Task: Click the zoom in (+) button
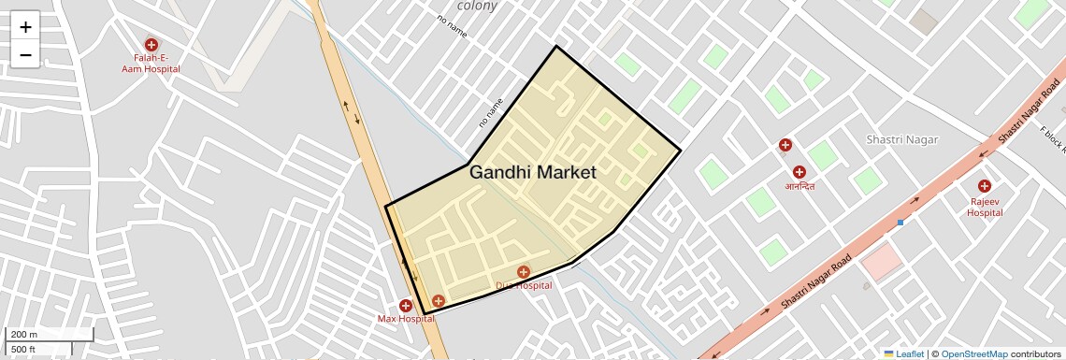[x=25, y=27]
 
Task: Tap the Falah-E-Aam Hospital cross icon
[x=151, y=45]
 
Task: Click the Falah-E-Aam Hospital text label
[x=151, y=64]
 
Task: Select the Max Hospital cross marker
[x=406, y=306]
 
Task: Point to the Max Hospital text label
[x=406, y=319]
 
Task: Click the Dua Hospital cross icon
[x=524, y=272]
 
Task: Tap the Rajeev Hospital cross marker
[x=985, y=186]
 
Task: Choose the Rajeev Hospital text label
[x=985, y=207]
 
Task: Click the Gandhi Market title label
[x=533, y=173]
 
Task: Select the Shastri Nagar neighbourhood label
[x=902, y=139]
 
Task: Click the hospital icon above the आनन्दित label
[x=799, y=172]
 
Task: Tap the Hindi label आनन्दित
[x=799, y=186]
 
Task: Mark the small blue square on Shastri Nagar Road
[x=900, y=223]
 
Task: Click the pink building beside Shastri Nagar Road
[x=882, y=263]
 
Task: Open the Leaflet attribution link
[x=903, y=354]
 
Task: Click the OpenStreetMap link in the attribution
[x=974, y=354]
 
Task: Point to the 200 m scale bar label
[x=24, y=335]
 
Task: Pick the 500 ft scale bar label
[x=23, y=350]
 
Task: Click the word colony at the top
[x=477, y=6]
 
